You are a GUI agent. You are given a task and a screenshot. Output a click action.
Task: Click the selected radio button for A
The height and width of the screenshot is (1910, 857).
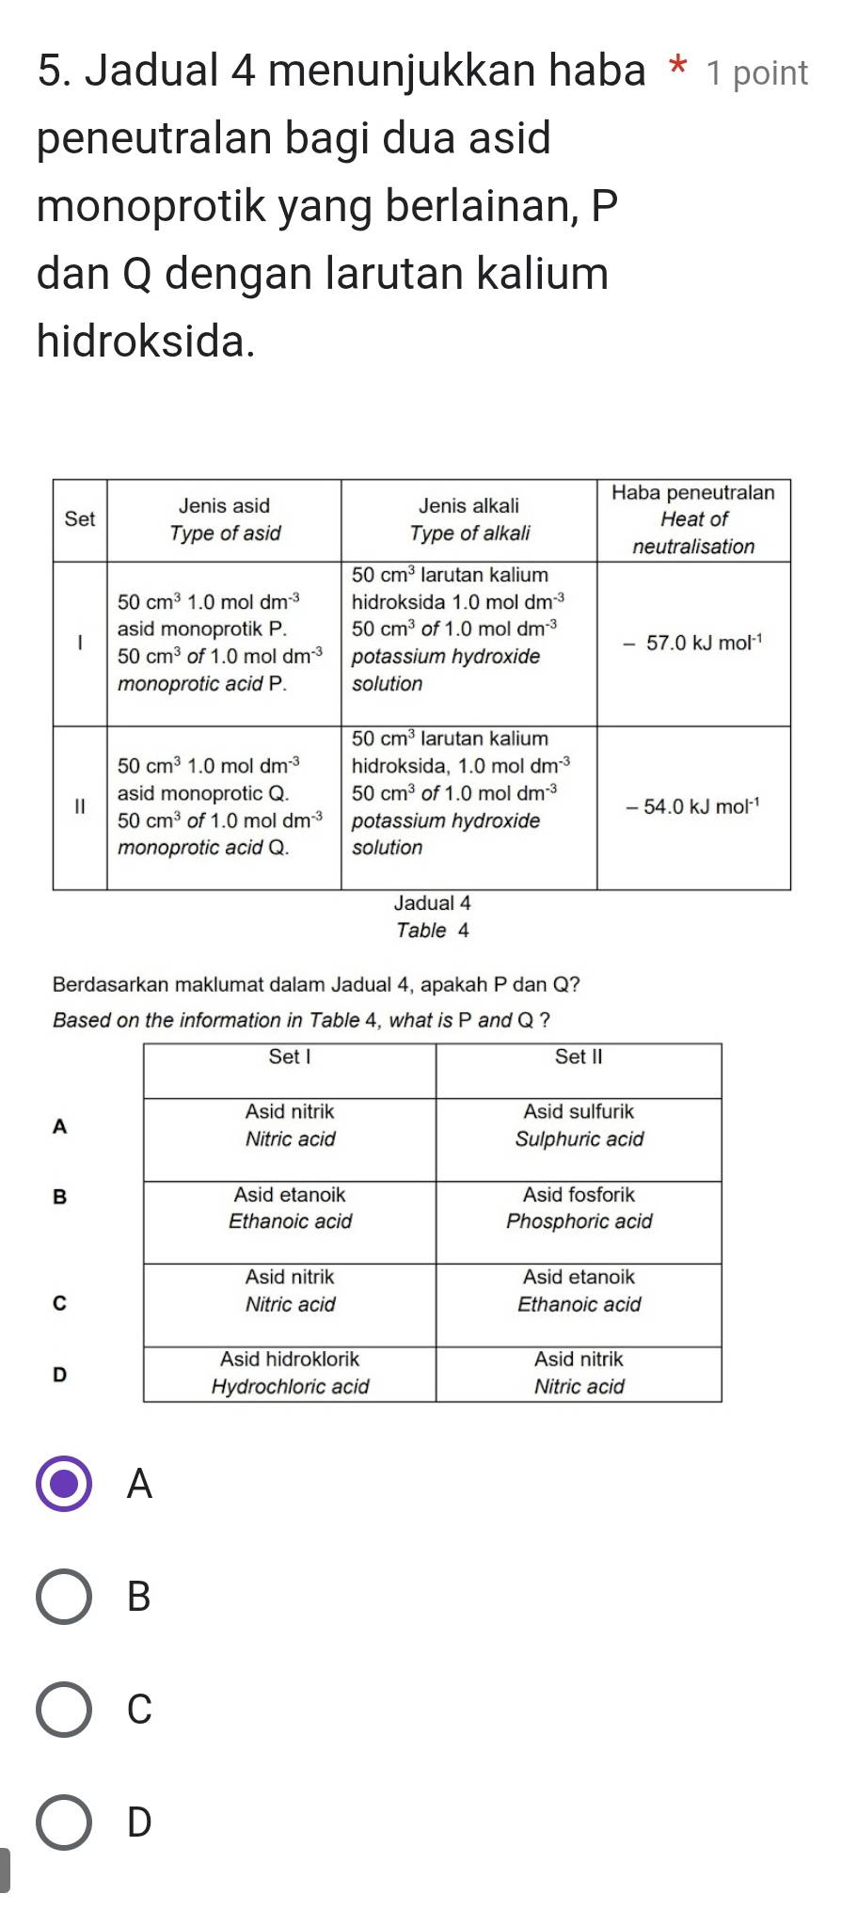click(64, 1484)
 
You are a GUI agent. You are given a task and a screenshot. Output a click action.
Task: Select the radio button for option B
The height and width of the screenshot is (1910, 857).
click(64, 1597)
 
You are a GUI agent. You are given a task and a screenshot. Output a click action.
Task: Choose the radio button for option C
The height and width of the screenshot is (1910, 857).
click(64, 1710)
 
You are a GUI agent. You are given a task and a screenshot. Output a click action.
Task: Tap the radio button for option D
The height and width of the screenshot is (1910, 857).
click(64, 1822)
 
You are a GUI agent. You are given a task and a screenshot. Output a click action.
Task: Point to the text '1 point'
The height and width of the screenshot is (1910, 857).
click(757, 73)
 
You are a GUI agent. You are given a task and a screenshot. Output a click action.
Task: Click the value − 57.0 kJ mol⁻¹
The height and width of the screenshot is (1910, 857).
click(693, 644)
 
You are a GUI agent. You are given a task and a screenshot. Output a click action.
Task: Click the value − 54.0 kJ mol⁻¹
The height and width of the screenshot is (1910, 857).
click(693, 807)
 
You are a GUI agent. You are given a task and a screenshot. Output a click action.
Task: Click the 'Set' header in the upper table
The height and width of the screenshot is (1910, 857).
click(80, 519)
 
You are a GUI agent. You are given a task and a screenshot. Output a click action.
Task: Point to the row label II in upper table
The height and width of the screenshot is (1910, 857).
click(80, 807)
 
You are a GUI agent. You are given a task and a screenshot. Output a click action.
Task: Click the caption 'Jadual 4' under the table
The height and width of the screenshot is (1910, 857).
click(432, 903)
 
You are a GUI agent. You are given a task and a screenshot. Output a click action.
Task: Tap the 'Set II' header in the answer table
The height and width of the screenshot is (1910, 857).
click(579, 1058)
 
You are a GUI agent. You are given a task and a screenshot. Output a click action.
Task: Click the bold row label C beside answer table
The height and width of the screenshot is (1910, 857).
click(60, 1303)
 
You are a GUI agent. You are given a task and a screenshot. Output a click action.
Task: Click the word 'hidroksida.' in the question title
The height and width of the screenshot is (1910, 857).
click(146, 341)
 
